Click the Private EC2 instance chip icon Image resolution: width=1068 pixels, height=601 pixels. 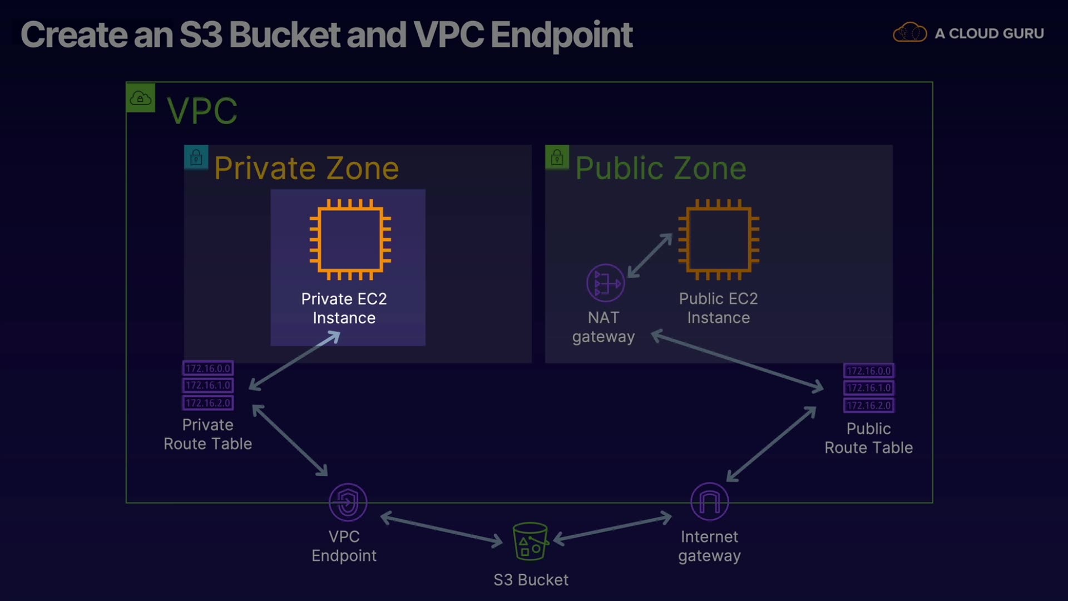click(350, 239)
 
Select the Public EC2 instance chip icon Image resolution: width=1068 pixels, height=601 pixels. click(719, 239)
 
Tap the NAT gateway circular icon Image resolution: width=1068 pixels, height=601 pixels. click(605, 283)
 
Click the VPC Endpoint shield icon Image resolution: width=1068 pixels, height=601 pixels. click(348, 502)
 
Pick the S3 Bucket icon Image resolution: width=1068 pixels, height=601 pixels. click(530, 541)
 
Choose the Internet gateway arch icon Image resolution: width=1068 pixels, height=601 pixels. click(709, 501)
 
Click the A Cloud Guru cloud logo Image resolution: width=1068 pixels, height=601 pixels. click(909, 33)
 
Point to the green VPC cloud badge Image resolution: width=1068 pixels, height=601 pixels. click(141, 98)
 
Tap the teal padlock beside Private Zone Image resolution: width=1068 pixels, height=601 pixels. click(196, 157)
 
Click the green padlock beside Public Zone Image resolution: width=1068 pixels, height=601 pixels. click(557, 157)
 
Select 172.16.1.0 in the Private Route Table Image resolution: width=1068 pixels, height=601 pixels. click(208, 385)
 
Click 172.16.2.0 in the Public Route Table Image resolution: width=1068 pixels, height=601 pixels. click(869, 406)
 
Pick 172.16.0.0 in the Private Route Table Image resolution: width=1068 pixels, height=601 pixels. click(208, 368)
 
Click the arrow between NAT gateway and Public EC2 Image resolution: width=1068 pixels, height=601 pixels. click(650, 255)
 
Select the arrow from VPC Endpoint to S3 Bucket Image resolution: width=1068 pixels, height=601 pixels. click(442, 528)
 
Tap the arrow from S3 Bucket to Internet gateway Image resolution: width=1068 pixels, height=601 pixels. click(612, 528)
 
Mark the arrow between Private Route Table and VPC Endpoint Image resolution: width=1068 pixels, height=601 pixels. click(290, 440)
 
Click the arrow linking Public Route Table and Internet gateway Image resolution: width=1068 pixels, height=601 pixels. click(772, 444)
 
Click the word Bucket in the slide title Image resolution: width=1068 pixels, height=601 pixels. click(284, 35)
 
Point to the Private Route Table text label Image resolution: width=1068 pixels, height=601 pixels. click(207, 434)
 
